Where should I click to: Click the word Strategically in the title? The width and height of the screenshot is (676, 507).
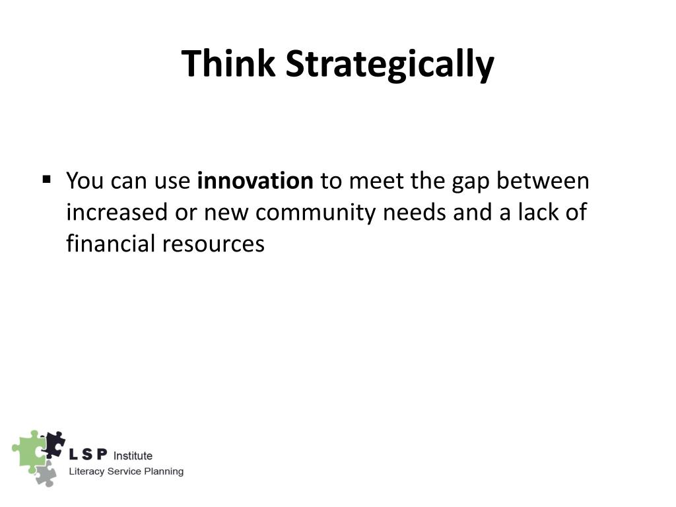coord(389,64)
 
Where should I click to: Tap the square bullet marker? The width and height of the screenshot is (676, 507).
coord(47,179)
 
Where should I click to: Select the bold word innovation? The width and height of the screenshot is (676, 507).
coord(255,181)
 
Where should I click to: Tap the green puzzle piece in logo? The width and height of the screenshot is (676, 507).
coord(28,451)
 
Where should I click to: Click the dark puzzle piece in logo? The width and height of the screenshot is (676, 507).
coord(53,443)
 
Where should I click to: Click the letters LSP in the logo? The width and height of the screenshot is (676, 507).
coord(88,456)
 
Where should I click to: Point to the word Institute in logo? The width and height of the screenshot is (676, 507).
coord(133,456)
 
